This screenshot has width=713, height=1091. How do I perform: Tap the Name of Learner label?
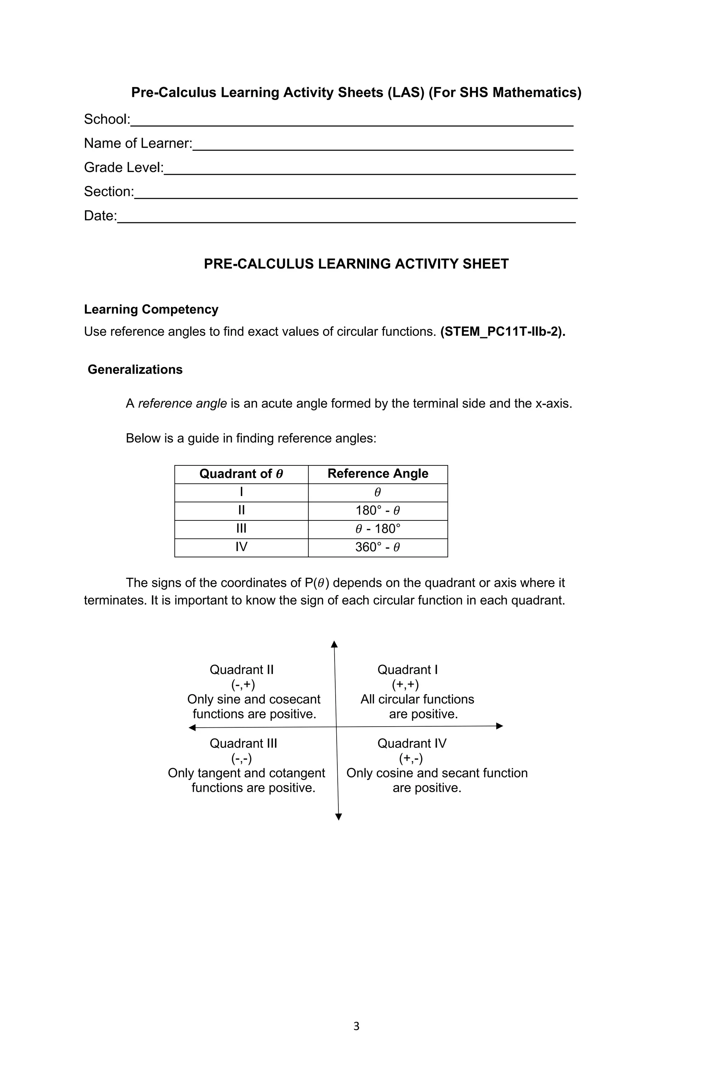tap(138, 144)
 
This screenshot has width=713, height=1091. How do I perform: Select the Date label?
tap(100, 216)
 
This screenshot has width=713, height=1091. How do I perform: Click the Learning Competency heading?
tap(151, 309)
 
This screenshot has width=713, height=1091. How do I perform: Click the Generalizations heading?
tap(135, 370)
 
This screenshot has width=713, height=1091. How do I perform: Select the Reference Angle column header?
tap(378, 473)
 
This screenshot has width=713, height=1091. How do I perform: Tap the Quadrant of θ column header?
tap(241, 473)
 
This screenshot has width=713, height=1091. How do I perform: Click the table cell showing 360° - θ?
tap(378, 547)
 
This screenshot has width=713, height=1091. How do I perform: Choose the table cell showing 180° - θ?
tap(378, 510)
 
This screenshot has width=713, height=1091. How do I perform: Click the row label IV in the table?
tap(241, 547)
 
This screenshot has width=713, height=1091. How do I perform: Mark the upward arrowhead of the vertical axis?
tap(334, 644)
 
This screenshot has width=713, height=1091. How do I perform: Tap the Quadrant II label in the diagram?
tap(242, 670)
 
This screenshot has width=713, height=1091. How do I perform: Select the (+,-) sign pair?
tap(410, 758)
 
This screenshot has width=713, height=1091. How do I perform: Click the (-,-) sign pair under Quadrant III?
tap(242, 758)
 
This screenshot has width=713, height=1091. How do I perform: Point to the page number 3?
tap(356, 1026)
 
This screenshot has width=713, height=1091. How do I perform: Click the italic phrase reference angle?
tap(182, 403)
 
